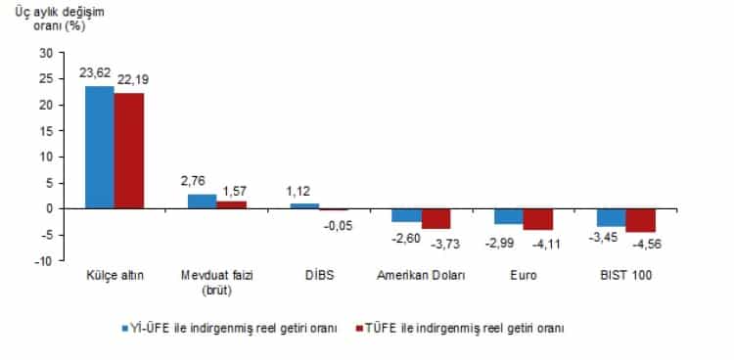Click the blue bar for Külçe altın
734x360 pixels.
click(100, 147)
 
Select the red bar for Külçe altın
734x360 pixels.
click(128, 151)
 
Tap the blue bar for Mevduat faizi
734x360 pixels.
click(202, 201)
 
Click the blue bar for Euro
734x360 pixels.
click(509, 216)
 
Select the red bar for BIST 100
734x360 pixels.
click(641, 220)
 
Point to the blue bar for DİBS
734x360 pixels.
click(304, 205)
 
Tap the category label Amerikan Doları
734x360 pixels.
click(422, 277)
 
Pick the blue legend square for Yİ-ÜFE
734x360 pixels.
click(124, 329)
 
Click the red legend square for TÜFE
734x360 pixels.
click(358, 329)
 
